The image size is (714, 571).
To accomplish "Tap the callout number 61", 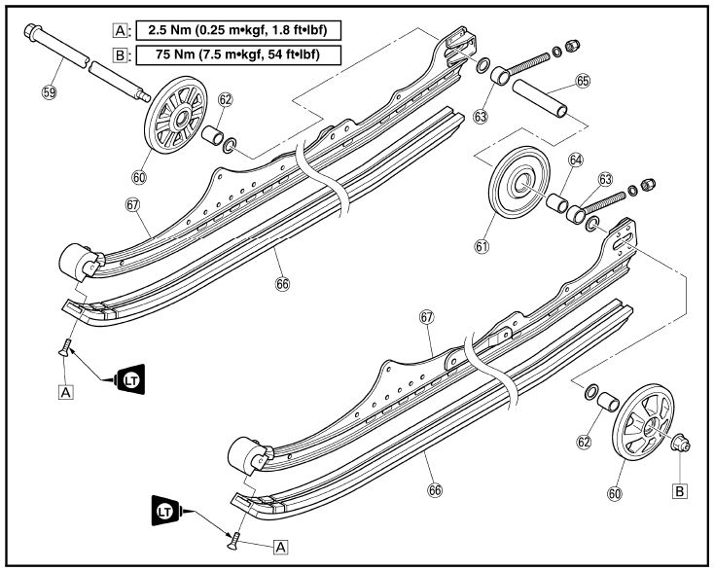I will coord(481,246).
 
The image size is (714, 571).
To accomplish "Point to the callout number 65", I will coord(582,82).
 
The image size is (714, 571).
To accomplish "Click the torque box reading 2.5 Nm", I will coord(234,30).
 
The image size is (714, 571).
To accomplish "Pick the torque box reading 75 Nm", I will coord(234,54).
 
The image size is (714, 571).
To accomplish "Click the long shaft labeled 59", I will coord(88,70).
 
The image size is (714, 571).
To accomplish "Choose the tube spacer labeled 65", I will coord(547,98).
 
